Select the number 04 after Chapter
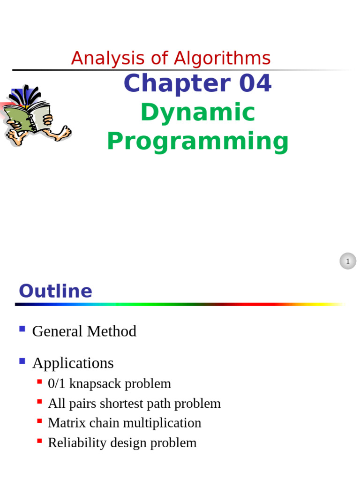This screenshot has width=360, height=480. (255, 83)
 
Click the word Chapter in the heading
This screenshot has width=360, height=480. (177, 83)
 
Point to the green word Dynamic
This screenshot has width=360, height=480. (198, 112)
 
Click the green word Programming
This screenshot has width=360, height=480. (198, 141)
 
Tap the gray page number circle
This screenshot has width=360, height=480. (348, 261)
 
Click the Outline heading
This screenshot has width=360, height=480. (55, 291)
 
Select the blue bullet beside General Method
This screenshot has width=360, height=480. (22, 329)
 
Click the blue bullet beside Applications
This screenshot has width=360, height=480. (22, 361)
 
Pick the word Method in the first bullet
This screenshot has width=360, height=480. (112, 331)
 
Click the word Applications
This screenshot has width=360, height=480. (73, 364)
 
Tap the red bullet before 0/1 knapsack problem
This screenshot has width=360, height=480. (39, 382)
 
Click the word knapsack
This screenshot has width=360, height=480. (95, 384)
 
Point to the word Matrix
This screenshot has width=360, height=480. (67, 423)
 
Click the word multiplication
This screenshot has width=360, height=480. (162, 423)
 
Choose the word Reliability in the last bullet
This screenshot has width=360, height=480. (77, 443)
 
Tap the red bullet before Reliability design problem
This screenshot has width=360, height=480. (39, 441)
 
